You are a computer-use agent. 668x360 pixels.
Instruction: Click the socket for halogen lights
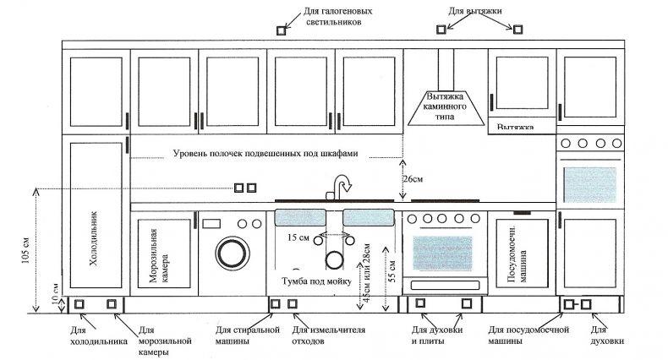pos(282,30)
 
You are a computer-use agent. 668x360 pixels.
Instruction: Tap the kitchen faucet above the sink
pos(341,187)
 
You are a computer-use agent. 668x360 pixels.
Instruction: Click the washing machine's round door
pos(233,254)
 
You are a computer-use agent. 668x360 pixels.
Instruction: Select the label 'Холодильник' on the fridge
pos(93,238)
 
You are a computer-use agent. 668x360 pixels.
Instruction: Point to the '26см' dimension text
pos(413,179)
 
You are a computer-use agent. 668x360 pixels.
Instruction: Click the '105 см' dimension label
pos(26,250)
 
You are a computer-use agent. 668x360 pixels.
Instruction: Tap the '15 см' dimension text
pos(298,237)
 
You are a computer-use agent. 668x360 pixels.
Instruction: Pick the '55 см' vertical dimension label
pos(393,271)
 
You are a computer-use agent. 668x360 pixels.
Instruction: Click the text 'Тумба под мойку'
pos(316,281)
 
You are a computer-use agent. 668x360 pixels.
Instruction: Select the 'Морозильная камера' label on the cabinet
pos(159,256)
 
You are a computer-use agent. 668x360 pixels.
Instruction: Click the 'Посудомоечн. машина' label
pos(517,254)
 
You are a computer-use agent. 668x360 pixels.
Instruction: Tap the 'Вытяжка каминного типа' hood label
pos(445,106)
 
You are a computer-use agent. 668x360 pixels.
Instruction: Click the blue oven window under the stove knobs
pos(442,254)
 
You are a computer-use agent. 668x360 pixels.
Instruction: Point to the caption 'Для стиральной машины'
pos(248,335)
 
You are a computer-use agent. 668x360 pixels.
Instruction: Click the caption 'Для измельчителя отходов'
pos(328,335)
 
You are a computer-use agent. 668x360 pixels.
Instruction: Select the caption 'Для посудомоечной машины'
pos(528,335)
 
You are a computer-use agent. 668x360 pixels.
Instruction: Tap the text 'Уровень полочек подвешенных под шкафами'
pos(266,153)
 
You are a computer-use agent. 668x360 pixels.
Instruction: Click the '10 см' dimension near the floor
pos(55,293)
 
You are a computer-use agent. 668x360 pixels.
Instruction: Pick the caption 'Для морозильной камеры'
pos(165,341)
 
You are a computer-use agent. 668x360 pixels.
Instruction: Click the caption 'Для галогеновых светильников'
pos(338,16)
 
